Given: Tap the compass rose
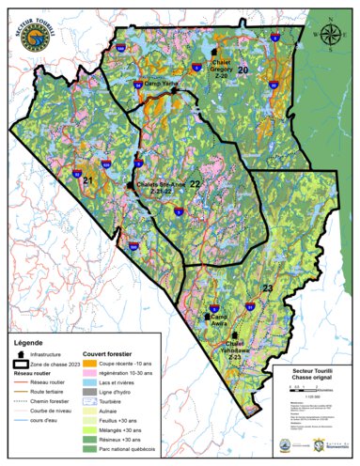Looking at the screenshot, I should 331,36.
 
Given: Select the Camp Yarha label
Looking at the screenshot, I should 161,82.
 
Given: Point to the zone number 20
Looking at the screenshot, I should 243,70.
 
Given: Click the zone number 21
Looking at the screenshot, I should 88,179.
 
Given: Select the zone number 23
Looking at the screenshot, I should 267,287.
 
